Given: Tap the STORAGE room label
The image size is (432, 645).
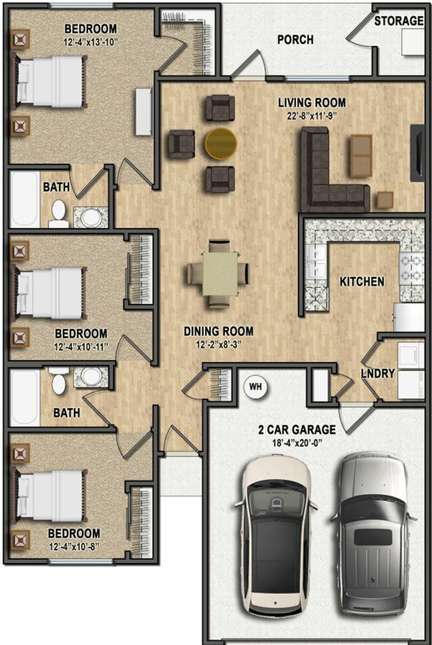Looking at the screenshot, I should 399,21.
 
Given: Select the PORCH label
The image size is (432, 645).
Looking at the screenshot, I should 295,40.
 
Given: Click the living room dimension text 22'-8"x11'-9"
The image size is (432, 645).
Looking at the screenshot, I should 312,116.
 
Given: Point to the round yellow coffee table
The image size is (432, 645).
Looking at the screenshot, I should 221,143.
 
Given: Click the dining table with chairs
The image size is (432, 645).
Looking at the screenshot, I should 218,274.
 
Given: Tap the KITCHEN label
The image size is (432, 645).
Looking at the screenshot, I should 362,281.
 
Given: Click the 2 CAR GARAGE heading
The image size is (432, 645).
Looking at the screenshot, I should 297,430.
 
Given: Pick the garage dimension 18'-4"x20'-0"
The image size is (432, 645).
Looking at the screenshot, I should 297,443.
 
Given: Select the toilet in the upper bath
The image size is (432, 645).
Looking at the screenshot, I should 59,213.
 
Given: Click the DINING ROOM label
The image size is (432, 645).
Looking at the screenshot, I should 219,332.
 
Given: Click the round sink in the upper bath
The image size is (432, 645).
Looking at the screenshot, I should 90,217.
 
